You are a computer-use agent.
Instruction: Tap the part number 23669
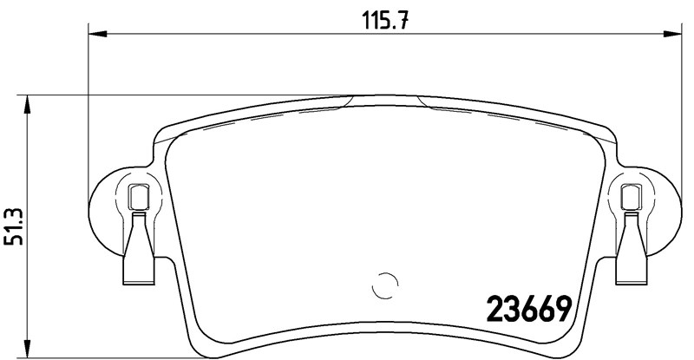click(x=529, y=309)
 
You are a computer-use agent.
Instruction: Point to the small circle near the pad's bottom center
click(x=384, y=285)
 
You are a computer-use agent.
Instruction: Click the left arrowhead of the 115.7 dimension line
click(x=98, y=34)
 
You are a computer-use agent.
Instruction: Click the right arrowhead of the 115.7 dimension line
click(x=672, y=34)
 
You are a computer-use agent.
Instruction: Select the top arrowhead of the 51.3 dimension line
click(x=28, y=104)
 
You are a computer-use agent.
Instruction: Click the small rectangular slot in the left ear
click(x=138, y=197)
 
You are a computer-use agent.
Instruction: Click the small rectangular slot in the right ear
click(x=632, y=197)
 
